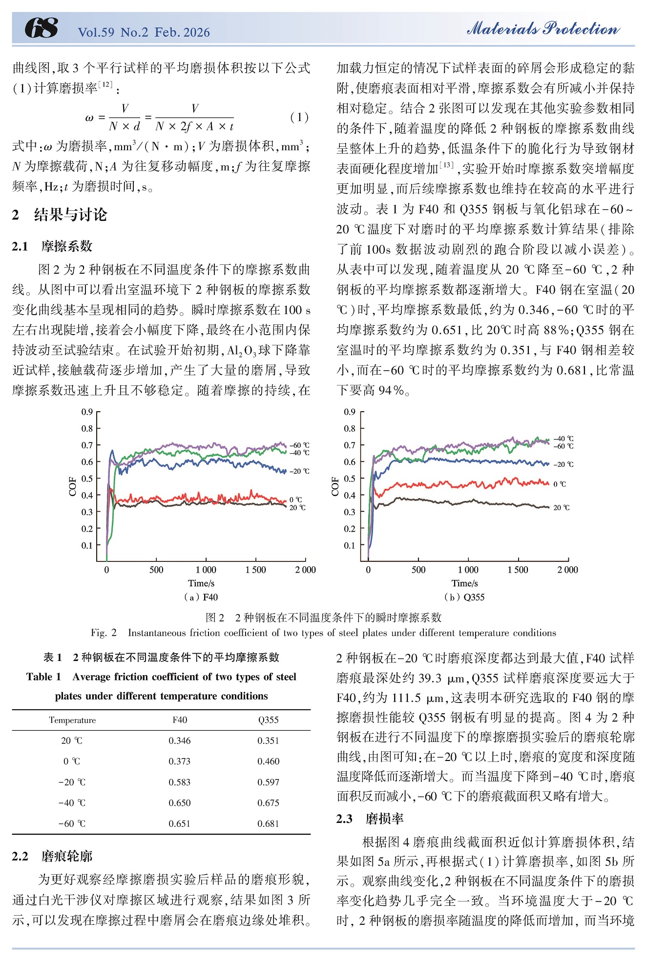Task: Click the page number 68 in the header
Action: point(42,28)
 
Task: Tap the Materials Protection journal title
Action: point(543,28)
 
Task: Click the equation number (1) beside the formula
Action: point(299,117)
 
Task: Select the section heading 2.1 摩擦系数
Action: point(52,246)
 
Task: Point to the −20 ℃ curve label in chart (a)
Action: point(299,471)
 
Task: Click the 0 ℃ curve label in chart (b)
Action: point(560,484)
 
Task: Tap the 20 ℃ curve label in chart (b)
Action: point(561,507)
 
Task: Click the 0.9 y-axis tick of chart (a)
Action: point(87,412)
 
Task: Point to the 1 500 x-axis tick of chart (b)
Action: point(518,569)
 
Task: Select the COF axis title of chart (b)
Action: point(335,486)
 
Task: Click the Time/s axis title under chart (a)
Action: point(201,583)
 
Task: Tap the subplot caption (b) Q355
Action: point(464,597)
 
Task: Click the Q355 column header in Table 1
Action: point(268,720)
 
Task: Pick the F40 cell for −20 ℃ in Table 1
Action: point(180,782)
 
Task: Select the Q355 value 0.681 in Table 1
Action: point(268,823)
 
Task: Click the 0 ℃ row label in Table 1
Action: point(72,761)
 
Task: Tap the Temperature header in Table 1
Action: point(72,720)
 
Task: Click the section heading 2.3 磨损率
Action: point(370,818)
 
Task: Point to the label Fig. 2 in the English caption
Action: point(104,633)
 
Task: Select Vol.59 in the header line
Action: point(96,32)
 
